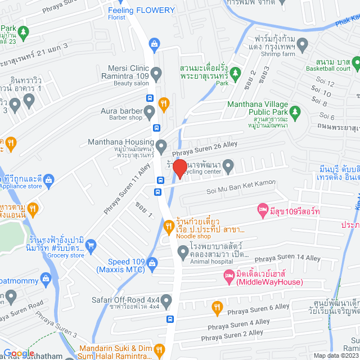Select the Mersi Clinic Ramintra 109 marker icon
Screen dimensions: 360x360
click(x=156, y=73)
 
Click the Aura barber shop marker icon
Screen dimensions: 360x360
click(x=150, y=114)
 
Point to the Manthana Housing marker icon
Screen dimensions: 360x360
click(x=161, y=147)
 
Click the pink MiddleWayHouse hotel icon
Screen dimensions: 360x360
click(x=228, y=275)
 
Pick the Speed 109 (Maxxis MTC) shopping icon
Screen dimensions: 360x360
click(x=152, y=262)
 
